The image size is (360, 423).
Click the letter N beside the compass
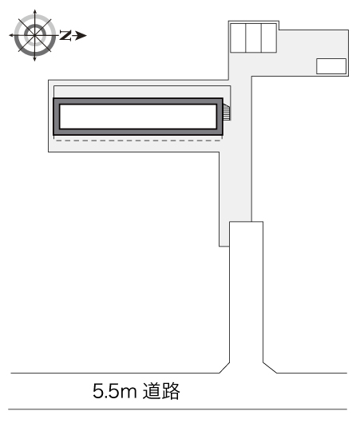pyautogui.click(x=65, y=35)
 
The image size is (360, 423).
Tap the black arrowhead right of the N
pyautogui.click(x=81, y=35)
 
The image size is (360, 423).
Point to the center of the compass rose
pyautogui.click(x=34, y=35)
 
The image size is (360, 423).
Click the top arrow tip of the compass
pyautogui.click(x=34, y=10)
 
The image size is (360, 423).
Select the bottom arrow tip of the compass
pyautogui.click(x=34, y=61)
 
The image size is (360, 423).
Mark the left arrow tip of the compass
pyautogui.click(x=9, y=35)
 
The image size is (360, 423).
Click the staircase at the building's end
pyautogui.click(x=227, y=112)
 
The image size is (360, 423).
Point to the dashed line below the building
pyautogui.click(x=138, y=140)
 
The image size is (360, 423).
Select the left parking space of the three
pyautogui.click(x=238, y=38)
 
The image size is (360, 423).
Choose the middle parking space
pyautogui.click(x=253, y=38)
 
